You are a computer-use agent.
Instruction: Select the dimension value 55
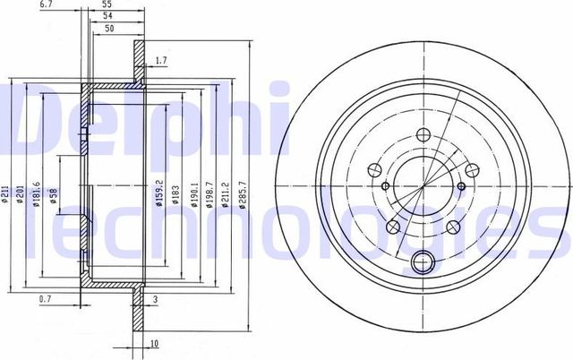point(107,4)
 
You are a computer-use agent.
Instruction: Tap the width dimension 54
point(107,17)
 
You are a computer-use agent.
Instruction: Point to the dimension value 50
point(107,29)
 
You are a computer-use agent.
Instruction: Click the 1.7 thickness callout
point(161,61)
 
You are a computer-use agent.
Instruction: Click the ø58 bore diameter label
point(54,196)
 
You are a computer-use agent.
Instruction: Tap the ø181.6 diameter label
point(36,194)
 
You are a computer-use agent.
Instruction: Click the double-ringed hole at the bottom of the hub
point(423,262)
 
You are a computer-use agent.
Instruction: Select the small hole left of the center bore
point(385,186)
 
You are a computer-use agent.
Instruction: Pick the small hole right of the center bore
point(461,185)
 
